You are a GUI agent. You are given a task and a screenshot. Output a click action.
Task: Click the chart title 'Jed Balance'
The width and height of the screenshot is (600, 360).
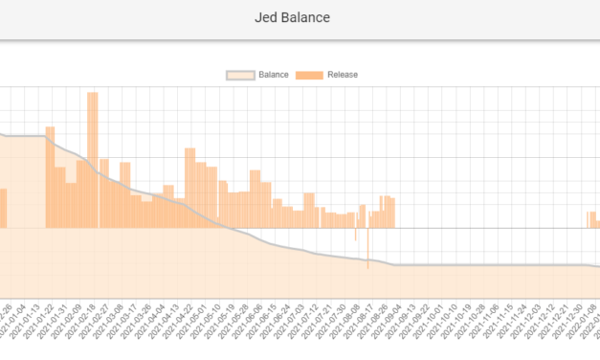300,17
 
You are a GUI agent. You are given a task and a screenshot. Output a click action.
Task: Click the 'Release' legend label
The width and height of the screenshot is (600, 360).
342,75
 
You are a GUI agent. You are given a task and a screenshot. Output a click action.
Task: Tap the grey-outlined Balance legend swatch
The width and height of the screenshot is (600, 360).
241,75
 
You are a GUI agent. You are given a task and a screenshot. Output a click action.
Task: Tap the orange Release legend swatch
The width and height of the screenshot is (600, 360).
309,75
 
